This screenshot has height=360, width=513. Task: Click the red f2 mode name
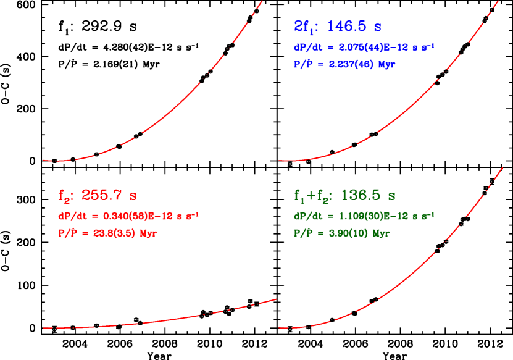[65, 196]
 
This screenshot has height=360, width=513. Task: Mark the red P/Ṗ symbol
[70, 233]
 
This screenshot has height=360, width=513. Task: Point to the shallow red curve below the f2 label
[185, 317]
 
